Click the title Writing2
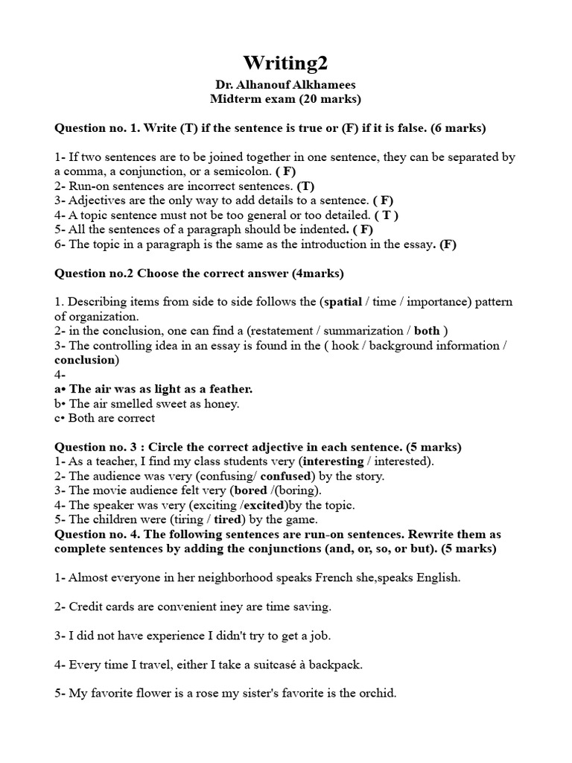tap(286, 63)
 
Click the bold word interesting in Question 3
tap(331, 461)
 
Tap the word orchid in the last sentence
tap(376, 693)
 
